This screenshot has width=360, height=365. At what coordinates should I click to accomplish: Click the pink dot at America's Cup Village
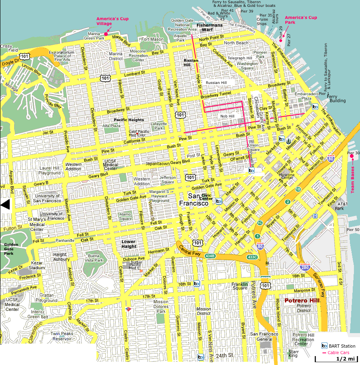click(106, 34)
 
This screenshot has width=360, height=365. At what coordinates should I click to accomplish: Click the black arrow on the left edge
click(5, 205)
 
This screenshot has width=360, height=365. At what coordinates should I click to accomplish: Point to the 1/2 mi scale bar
click(337, 359)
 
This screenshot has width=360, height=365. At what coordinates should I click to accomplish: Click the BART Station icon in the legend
click(324, 346)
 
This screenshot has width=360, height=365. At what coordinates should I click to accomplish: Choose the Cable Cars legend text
click(341, 352)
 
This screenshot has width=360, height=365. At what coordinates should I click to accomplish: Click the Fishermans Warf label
click(209, 27)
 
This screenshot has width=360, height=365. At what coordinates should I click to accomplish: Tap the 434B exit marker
click(209, 256)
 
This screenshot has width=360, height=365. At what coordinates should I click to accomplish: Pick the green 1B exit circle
click(298, 189)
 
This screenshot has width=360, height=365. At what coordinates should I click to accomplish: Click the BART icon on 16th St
click(197, 284)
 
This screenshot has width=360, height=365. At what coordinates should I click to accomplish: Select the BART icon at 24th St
click(201, 357)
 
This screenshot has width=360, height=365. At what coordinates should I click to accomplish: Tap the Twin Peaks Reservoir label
click(61, 336)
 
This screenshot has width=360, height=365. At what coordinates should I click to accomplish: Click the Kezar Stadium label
click(37, 265)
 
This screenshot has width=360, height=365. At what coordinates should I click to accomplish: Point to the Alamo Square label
click(126, 216)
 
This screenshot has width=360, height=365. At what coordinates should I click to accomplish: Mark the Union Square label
click(253, 147)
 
